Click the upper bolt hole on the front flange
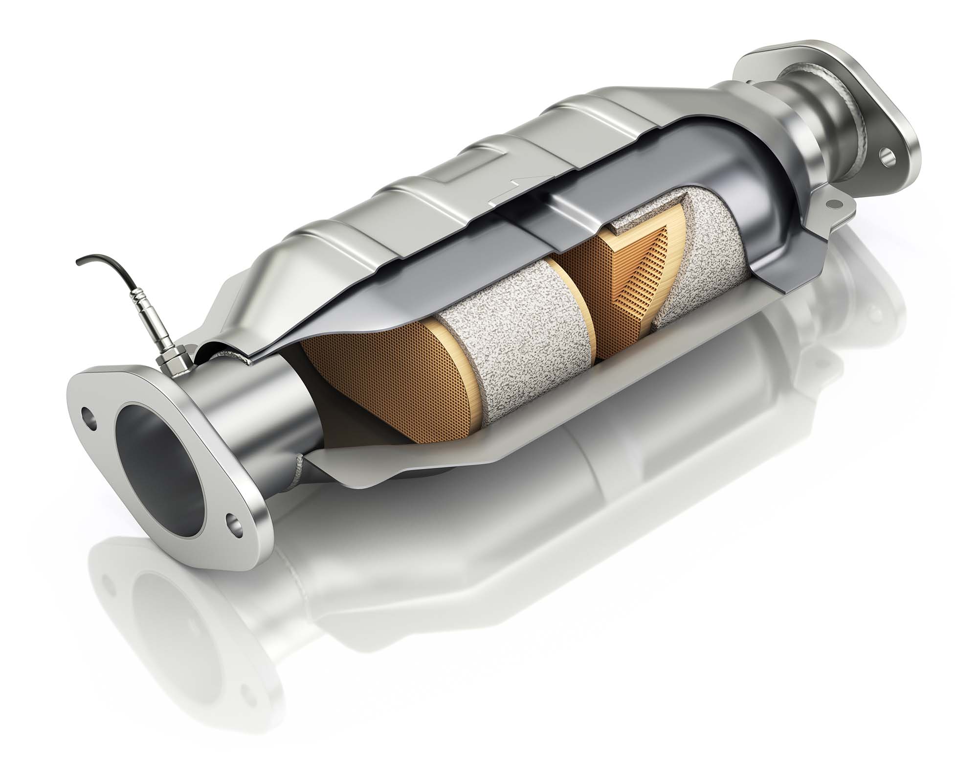pos(89,412)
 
